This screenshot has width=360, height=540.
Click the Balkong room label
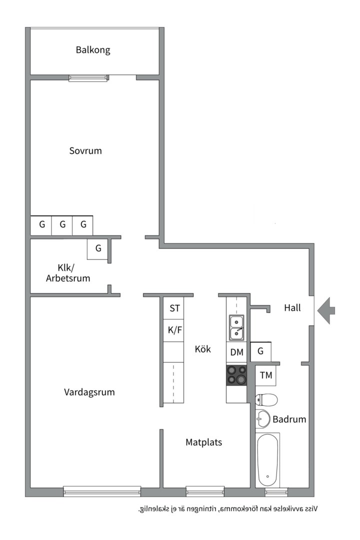coord(93,50)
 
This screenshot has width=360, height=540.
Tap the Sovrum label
coord(85,150)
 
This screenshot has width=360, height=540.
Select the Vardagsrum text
coord(89,392)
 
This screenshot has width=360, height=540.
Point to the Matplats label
coord(203,442)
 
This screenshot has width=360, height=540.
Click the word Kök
coord(202,349)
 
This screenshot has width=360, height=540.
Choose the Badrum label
coord(289,419)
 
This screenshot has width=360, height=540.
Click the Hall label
coord(292,307)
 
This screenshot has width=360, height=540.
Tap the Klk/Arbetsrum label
coord(68,273)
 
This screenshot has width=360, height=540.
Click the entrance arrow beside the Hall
coord(326,310)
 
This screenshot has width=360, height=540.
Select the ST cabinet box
coord(174,308)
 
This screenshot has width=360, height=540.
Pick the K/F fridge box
coord(174,330)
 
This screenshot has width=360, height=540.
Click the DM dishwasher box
coord(236,352)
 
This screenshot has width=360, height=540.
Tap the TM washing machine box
coord(266,375)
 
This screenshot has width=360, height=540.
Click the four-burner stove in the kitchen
coord(236,375)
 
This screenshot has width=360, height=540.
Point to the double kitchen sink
coord(236,327)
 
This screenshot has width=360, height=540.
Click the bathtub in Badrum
coord(267,460)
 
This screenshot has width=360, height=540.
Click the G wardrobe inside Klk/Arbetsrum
coord(98,248)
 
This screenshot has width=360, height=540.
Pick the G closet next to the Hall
coord(260,351)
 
